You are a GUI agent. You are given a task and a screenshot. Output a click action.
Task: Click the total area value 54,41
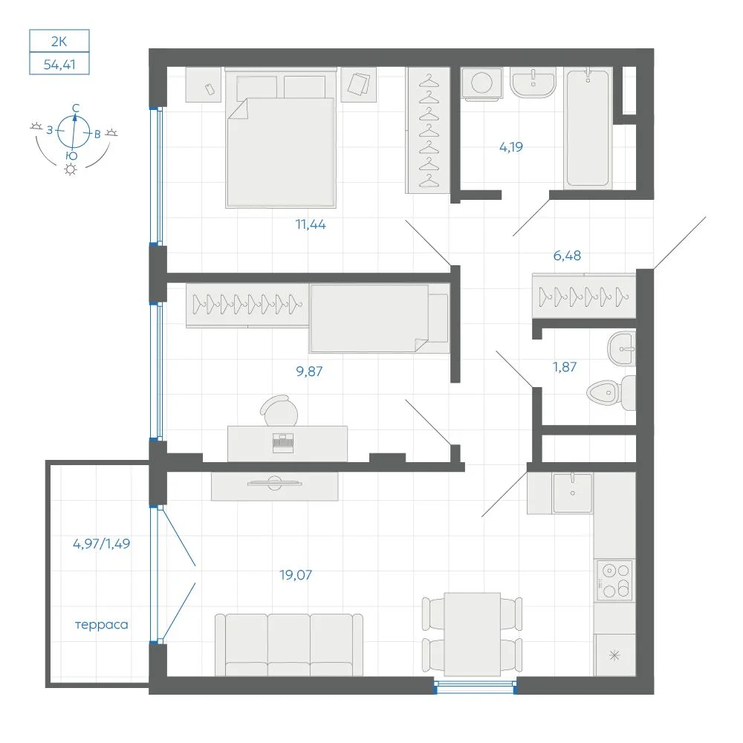(59, 64)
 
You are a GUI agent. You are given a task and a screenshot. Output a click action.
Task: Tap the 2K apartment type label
(59, 41)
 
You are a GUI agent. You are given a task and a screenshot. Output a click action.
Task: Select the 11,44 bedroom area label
(311, 224)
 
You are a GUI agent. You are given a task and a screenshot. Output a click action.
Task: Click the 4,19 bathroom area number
(511, 147)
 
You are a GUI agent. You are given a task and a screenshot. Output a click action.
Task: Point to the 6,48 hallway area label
(567, 256)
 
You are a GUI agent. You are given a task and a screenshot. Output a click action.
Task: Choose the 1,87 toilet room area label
(565, 367)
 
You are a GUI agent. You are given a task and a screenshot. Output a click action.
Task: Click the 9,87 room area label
(309, 371)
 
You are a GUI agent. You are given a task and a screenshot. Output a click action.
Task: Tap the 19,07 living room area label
(296, 575)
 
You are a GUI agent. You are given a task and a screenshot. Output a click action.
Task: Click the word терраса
(101, 625)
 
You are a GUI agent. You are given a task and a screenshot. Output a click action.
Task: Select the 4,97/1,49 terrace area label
(101, 544)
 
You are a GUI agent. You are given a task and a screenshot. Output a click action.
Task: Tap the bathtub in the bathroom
(588, 128)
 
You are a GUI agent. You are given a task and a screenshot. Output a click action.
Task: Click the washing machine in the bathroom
(482, 83)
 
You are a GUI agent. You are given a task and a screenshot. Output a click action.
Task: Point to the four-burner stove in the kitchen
(615, 580)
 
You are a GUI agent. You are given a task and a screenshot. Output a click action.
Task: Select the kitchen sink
(572, 493)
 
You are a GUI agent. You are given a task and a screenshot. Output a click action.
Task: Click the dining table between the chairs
(473, 634)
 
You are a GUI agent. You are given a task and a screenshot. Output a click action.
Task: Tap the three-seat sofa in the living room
(288, 644)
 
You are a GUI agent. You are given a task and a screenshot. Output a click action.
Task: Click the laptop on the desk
(283, 443)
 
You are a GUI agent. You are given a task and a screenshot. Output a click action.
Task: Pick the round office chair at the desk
(280, 411)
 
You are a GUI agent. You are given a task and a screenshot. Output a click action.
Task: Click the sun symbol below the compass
(71, 169)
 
